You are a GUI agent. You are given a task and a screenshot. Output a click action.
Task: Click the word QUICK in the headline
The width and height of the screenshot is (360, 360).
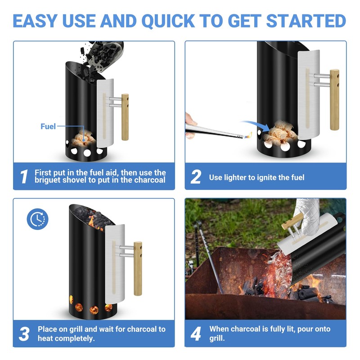[x=168, y=21]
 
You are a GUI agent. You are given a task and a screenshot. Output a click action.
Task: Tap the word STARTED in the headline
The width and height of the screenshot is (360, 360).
[x=306, y=21]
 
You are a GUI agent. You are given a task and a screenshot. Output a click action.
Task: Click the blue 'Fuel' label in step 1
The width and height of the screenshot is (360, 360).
[x=48, y=126]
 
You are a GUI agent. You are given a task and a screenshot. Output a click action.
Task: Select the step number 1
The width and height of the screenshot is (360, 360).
[x=24, y=176]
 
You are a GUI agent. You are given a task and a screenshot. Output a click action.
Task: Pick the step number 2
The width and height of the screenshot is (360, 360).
[x=196, y=176]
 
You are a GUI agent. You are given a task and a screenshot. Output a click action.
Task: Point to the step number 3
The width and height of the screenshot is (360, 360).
[x=24, y=333]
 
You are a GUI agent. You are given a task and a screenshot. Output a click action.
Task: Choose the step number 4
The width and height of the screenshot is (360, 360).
[x=196, y=333]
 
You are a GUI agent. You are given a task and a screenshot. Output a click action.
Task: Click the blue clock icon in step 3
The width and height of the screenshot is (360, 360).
[x=38, y=219]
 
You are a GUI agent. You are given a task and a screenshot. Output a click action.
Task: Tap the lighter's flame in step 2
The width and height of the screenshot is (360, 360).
[x=248, y=135]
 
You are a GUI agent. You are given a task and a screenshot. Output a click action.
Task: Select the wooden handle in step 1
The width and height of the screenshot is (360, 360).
[x=125, y=117]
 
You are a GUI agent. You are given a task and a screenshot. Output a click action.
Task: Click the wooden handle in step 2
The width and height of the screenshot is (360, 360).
[x=334, y=99]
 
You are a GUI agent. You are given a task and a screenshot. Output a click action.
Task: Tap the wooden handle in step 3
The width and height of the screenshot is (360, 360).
[x=138, y=268]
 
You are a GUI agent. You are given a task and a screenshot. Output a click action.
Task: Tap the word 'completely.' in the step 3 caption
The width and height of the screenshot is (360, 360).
[x=66, y=338]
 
